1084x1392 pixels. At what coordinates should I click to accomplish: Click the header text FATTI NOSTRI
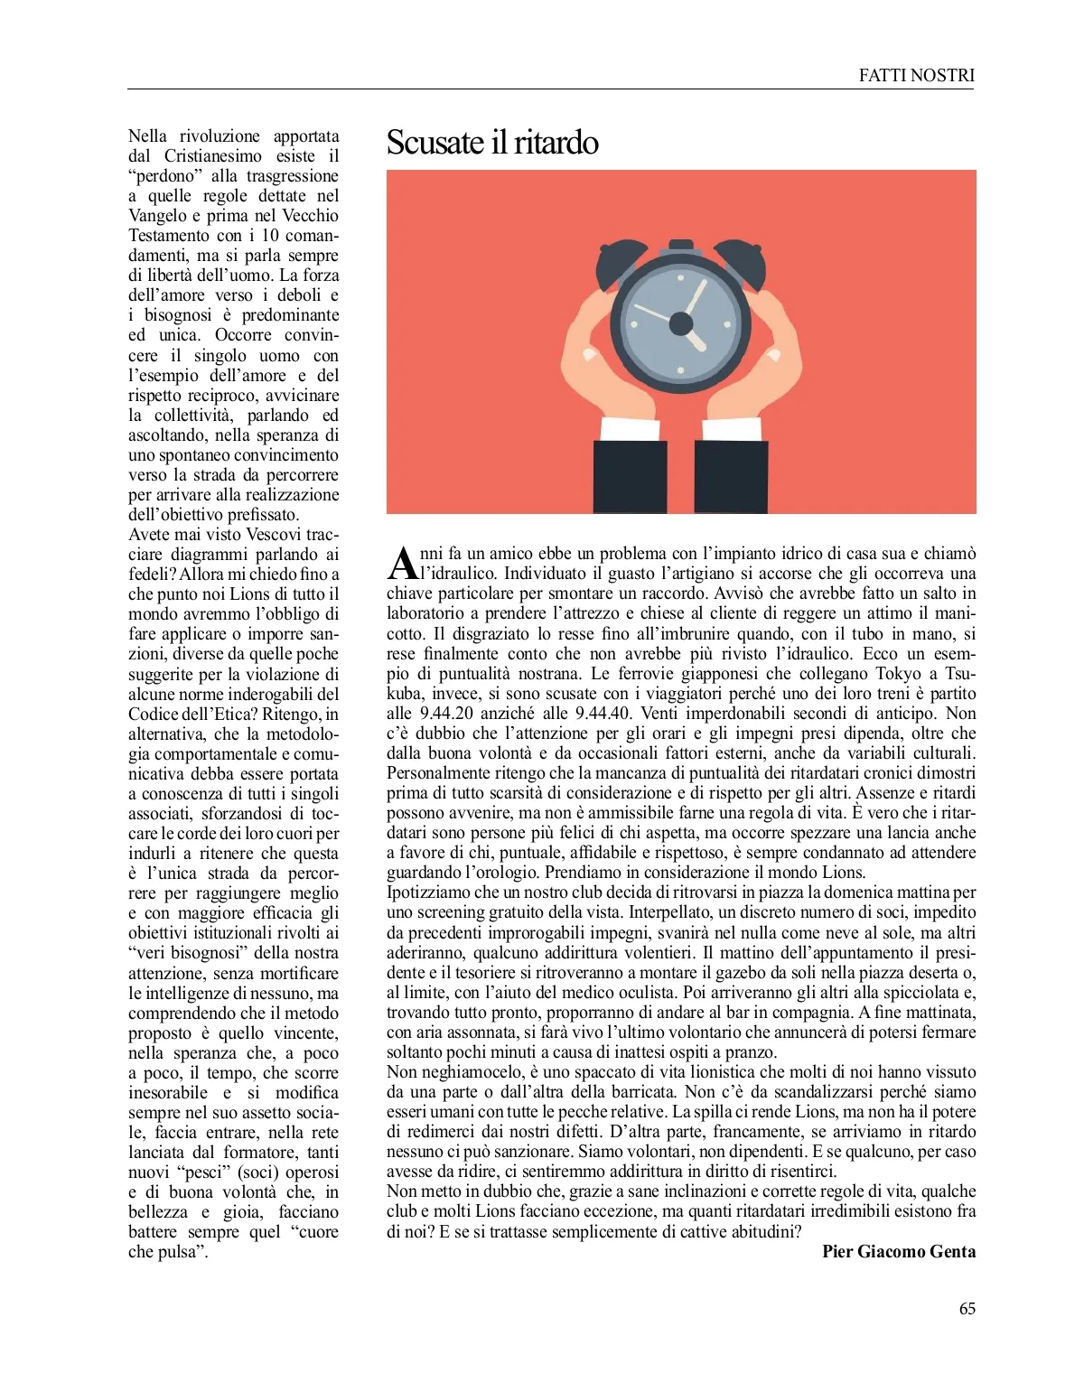click(916, 76)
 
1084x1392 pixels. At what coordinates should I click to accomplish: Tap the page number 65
click(967, 1308)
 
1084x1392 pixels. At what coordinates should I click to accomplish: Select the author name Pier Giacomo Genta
click(898, 1251)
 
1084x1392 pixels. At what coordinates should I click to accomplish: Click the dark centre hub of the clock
click(680, 322)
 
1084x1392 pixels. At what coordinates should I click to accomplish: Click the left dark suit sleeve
click(629, 475)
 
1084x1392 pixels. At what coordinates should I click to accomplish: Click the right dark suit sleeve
click(732, 475)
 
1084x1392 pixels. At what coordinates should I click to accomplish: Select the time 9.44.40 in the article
click(603, 714)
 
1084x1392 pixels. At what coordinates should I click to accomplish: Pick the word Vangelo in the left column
click(159, 216)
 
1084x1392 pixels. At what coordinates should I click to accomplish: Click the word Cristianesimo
click(213, 156)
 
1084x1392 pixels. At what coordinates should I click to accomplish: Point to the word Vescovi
click(274, 535)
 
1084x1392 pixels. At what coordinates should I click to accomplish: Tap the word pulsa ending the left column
click(183, 1252)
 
